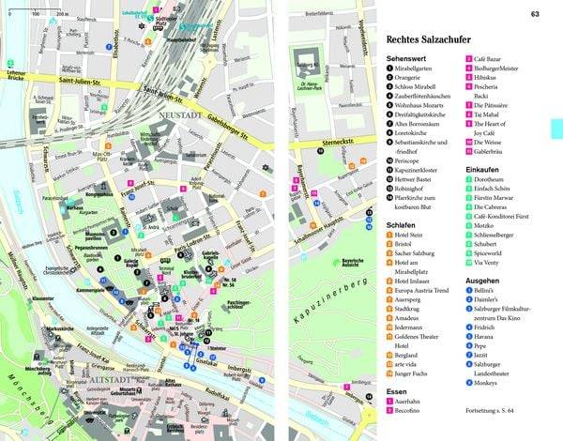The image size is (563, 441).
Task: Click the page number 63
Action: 535,14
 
